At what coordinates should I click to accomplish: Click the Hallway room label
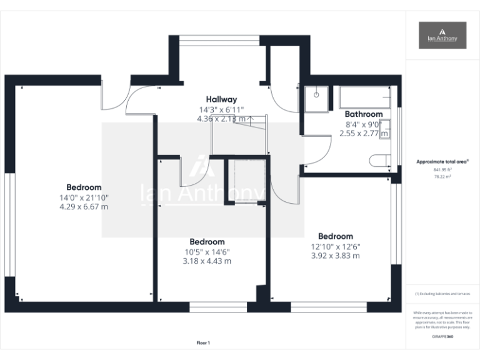(221, 99)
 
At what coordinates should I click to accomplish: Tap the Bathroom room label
(364, 114)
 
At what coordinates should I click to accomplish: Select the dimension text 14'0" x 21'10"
(84, 197)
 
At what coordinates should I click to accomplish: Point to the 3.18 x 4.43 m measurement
(207, 261)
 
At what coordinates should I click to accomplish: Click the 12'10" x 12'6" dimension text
(335, 246)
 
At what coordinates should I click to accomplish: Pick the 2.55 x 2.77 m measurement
(364, 133)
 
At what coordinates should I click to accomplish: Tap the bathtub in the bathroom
(365, 97)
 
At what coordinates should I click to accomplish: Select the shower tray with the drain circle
(316, 97)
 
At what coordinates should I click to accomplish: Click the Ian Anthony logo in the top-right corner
(442, 35)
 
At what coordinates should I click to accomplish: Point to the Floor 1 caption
(203, 342)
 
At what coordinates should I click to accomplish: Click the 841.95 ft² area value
(442, 169)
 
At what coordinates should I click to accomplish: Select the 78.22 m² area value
(442, 176)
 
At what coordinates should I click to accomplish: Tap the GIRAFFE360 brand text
(442, 337)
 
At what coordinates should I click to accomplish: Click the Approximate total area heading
(442, 162)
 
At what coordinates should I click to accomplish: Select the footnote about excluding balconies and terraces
(442, 293)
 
